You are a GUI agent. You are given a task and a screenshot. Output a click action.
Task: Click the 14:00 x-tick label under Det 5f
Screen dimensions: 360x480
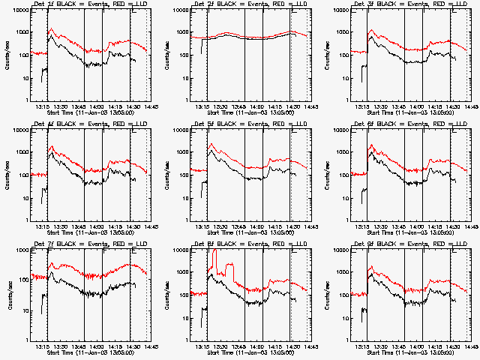pos(255,226)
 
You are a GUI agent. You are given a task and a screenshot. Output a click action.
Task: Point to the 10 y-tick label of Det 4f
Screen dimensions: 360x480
pos(25,198)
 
